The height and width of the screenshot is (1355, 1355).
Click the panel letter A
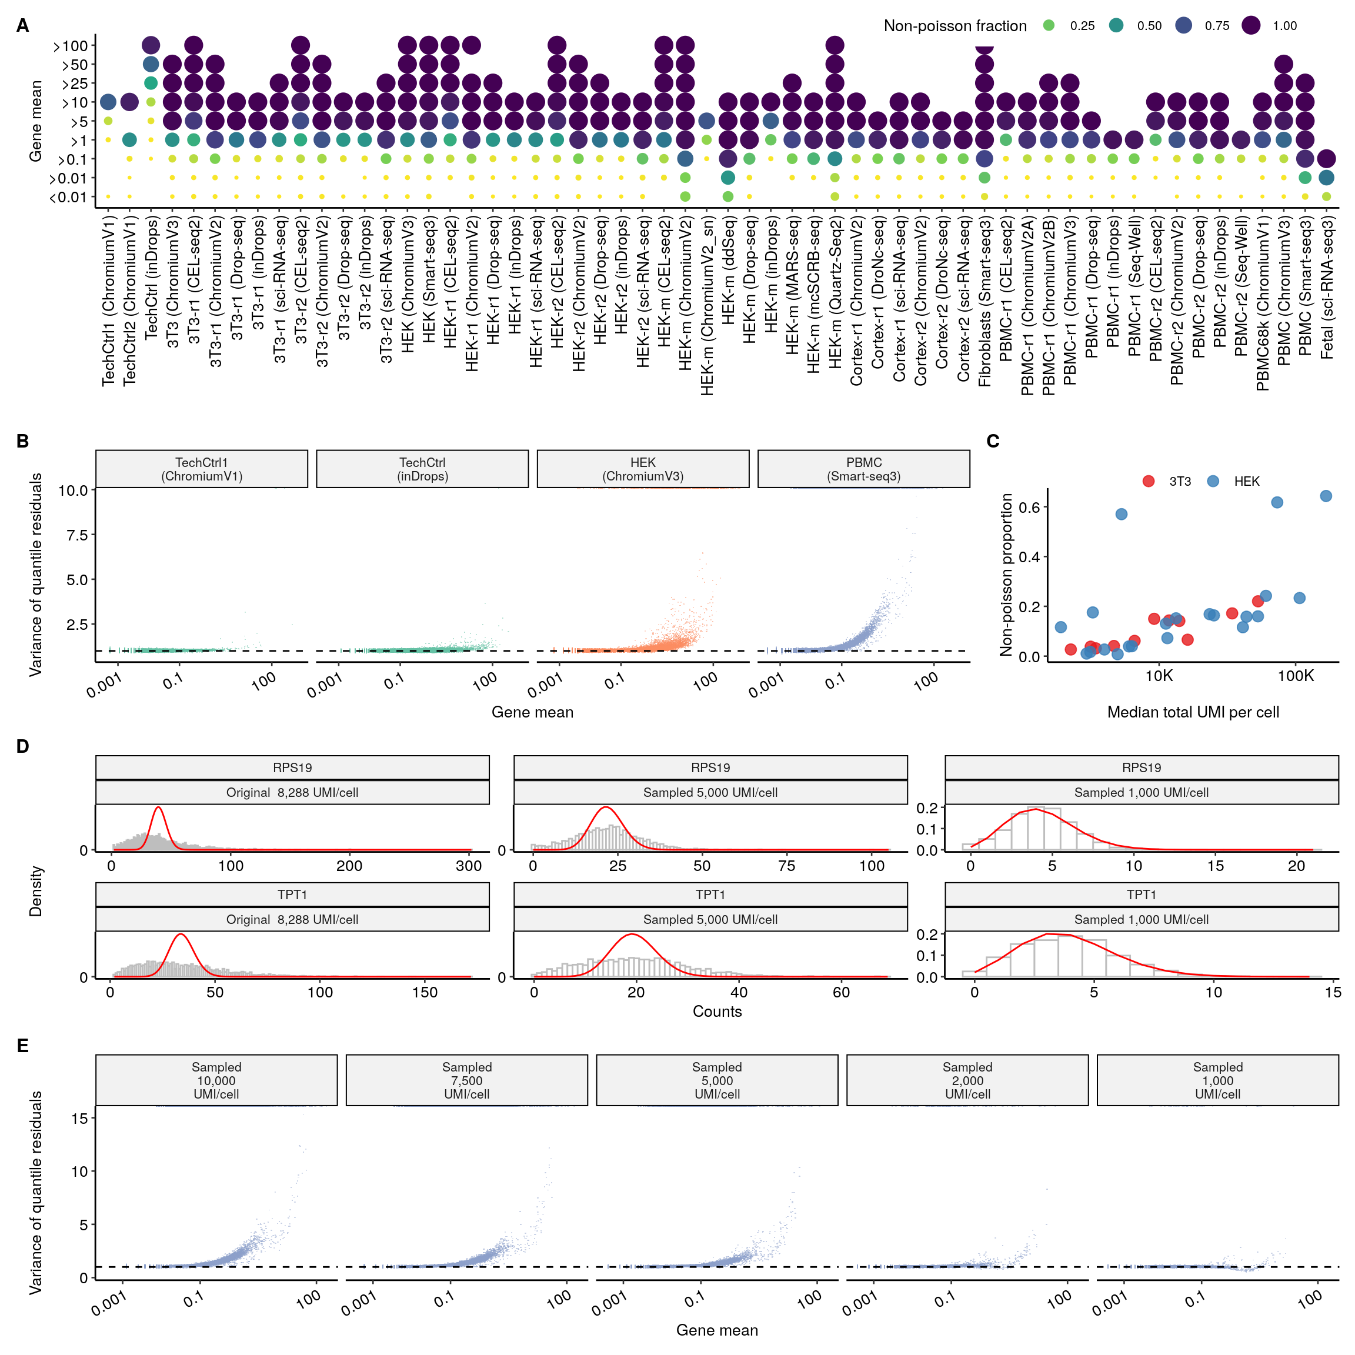22,26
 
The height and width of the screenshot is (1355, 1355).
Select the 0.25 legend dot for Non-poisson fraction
1049,26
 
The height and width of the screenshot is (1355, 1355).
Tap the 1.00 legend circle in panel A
1250,26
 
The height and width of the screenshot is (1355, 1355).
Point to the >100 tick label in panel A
70,46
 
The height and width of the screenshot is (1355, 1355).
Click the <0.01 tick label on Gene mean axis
68,198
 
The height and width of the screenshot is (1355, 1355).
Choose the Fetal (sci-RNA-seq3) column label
1326,288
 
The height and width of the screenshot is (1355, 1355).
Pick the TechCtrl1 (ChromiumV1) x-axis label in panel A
108,302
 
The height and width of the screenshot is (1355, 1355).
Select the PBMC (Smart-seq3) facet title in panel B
863,469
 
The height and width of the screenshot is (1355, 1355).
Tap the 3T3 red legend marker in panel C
1148,481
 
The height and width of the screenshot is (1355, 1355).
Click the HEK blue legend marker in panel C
1213,481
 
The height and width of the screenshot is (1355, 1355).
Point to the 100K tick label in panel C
1296,676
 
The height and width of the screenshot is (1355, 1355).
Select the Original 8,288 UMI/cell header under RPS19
292,793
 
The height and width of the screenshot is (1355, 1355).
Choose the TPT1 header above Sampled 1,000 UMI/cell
1141,895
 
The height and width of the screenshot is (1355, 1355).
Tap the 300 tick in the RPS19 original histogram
469,866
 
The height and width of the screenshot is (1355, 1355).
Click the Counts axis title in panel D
717,1012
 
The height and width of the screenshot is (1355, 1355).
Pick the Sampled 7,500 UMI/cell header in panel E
466,1081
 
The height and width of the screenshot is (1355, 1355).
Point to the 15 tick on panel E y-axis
79,1119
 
